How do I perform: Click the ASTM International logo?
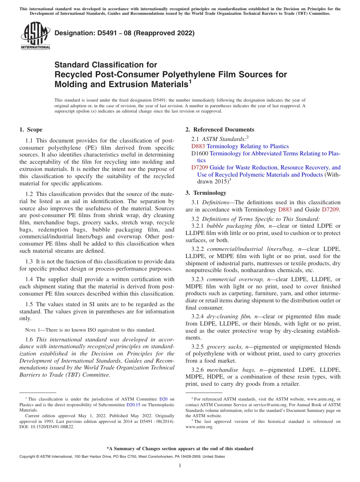pos(35,36)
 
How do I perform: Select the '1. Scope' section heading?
pos(31,130)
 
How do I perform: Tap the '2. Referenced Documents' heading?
pos(220,130)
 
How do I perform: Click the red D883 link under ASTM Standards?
pos(198,146)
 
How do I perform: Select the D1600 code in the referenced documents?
pos(200,153)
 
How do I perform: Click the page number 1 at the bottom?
pos(180,465)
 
